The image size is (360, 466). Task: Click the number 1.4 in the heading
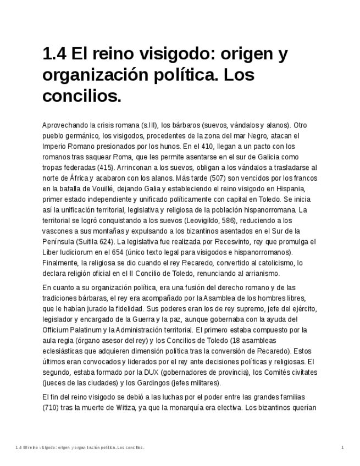pyautogui.click(x=54, y=54)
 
